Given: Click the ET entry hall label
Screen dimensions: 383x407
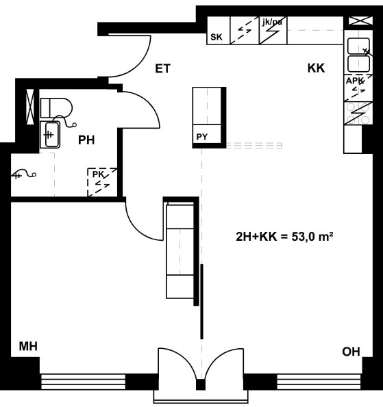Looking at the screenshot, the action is (163, 68).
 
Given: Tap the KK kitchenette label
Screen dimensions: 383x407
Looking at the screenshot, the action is (316, 68).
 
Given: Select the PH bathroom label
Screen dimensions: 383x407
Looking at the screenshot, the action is (86, 140).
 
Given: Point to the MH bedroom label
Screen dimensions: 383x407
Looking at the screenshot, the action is (28, 346).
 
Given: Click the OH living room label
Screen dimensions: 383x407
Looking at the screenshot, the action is (351, 352).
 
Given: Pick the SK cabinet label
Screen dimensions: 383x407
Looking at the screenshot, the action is (217, 37).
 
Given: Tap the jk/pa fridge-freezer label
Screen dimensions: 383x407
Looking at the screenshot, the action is (272, 22).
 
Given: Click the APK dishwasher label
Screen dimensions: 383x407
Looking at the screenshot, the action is (354, 81).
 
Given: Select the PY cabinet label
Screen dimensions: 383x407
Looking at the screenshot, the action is (202, 137).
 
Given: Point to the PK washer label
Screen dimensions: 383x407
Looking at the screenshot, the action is (98, 174).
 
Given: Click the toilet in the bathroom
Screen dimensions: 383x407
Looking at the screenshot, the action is (56, 107).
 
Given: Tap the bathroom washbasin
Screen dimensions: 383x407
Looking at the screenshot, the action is (50, 135).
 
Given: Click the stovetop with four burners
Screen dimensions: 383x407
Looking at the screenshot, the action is (358, 114).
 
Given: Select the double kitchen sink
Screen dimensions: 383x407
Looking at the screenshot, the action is (359, 55).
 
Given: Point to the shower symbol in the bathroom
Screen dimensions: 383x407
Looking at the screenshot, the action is (23, 174).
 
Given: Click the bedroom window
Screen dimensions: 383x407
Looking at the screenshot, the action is (83, 382).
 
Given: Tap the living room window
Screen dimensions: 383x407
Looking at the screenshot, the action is (319, 382).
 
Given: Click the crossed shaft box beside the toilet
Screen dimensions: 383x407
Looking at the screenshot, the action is (30, 107).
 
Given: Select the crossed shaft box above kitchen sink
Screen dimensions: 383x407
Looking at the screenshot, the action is (360, 21).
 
